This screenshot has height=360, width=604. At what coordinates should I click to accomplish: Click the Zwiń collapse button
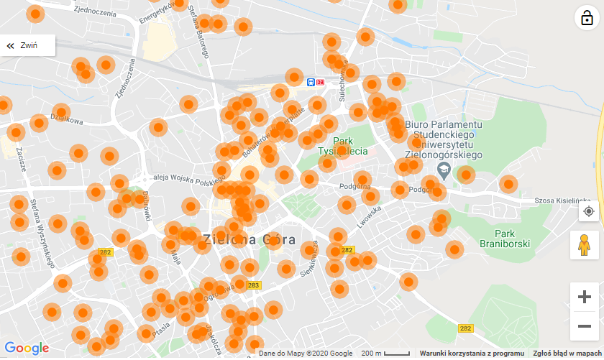[x=27, y=45]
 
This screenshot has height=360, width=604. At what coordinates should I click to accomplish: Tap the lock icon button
[x=587, y=18]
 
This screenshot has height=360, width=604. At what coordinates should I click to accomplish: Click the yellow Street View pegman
[x=585, y=245]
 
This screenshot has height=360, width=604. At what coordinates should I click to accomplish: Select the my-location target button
[x=589, y=211]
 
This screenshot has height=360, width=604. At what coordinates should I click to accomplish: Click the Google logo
[x=27, y=349]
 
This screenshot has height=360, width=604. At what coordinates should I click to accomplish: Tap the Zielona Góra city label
[x=249, y=239]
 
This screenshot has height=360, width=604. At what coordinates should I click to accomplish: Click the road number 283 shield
[x=253, y=285]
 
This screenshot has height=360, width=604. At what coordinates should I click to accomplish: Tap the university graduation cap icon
[x=444, y=170]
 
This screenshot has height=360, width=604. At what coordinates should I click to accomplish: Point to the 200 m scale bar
[x=385, y=354]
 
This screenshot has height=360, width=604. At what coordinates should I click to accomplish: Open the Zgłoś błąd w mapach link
[x=567, y=354]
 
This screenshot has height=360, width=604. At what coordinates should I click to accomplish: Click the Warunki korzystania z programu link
[x=472, y=354]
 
